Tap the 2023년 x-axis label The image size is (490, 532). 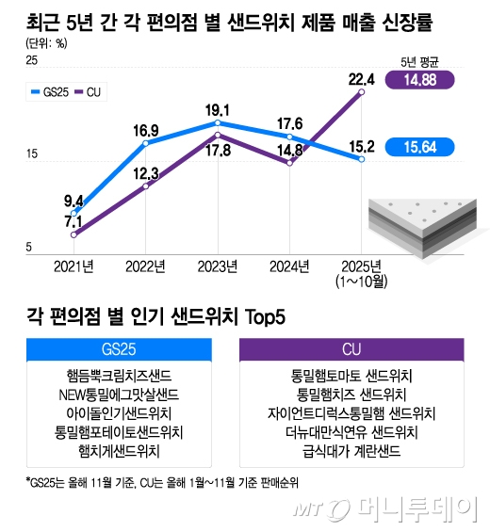(218, 266)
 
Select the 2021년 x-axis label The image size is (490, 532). (73, 266)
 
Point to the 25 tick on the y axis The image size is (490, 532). (31, 61)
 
